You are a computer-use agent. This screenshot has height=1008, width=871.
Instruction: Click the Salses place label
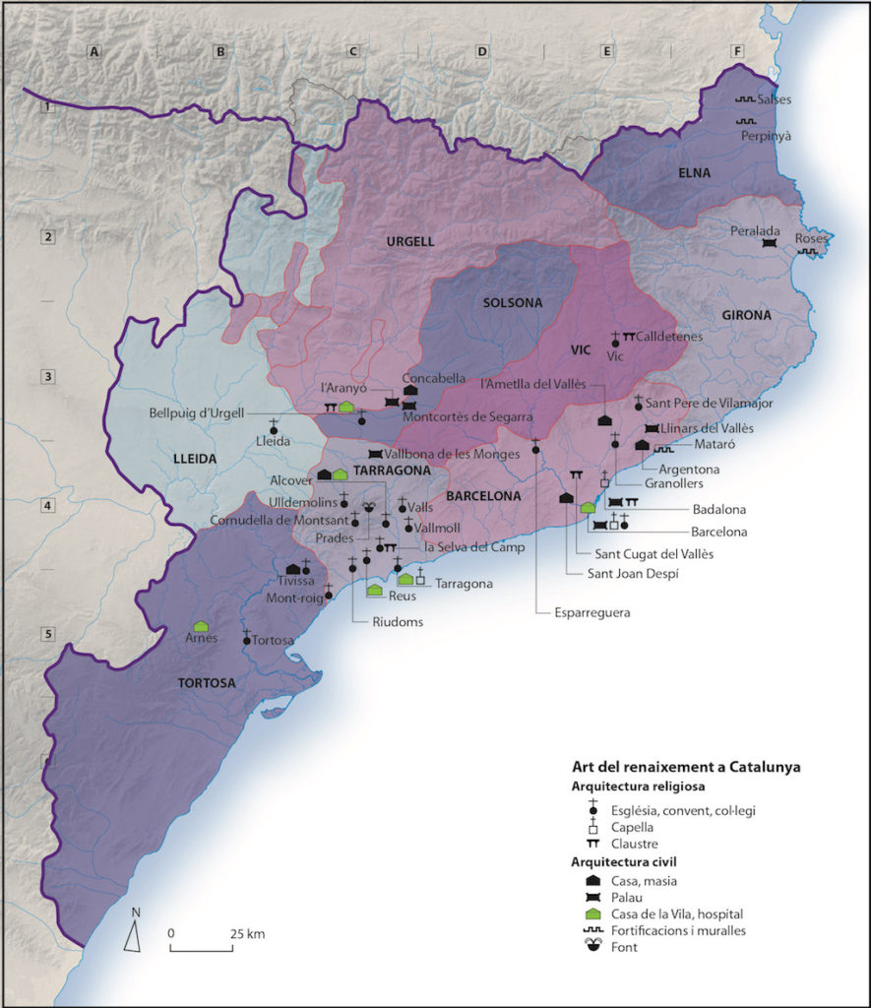775,99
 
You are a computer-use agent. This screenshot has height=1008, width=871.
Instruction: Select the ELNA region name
694,174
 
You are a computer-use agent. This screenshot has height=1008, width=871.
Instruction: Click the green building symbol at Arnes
201,626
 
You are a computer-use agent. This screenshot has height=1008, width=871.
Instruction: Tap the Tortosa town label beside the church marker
275,641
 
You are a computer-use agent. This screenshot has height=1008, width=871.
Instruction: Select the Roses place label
811,238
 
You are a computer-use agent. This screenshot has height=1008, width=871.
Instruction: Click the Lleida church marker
274,428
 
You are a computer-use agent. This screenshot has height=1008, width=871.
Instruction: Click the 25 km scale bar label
247,932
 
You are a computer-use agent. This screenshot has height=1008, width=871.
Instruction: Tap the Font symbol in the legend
593,946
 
